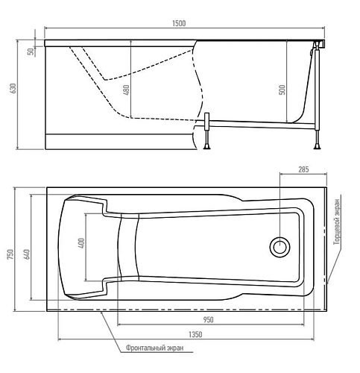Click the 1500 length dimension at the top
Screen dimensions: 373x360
point(179,24)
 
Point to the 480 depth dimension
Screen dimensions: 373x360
point(126,90)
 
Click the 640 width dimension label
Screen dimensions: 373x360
point(27,252)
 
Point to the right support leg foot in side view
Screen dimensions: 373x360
point(318,145)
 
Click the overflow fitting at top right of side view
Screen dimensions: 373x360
point(318,47)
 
